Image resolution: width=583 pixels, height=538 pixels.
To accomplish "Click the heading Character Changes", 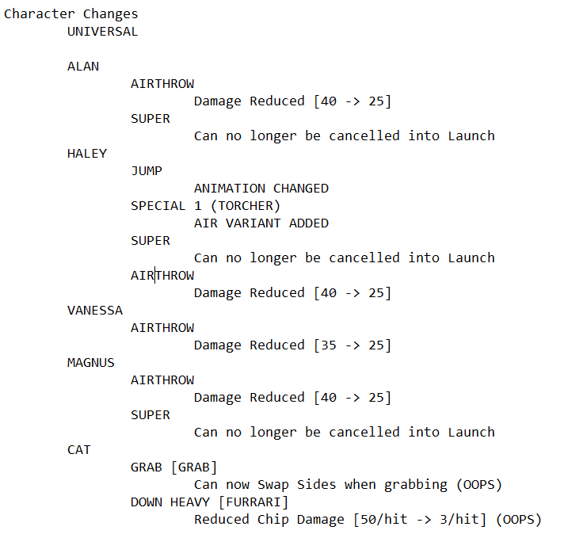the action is pyautogui.click(x=70, y=14).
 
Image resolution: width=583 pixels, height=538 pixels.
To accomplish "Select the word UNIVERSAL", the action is pyautogui.click(x=103, y=32).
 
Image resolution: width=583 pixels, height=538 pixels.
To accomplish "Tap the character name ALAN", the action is pyautogui.click(x=83, y=67).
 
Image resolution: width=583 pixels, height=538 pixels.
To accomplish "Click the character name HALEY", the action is pyautogui.click(x=87, y=154).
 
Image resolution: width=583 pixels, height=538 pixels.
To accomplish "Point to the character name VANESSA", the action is pyautogui.click(x=95, y=311).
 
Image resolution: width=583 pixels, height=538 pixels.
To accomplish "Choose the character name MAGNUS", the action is pyautogui.click(x=91, y=363).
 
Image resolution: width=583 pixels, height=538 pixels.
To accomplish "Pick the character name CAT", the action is pyautogui.click(x=79, y=450).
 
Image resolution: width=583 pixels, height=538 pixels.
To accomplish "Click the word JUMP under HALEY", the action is pyautogui.click(x=147, y=171).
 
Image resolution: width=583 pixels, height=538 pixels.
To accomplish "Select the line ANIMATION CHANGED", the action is pyautogui.click(x=261, y=189).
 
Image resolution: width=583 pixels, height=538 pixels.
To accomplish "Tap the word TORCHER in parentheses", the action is pyautogui.click(x=246, y=206).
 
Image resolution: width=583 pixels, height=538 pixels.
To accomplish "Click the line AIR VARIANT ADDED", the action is pyautogui.click(x=261, y=223).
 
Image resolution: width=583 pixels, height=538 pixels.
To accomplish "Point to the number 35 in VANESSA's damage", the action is pyautogui.click(x=328, y=345).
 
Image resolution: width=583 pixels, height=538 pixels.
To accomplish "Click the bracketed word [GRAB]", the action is pyautogui.click(x=194, y=467).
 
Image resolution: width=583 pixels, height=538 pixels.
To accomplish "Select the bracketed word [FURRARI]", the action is pyautogui.click(x=253, y=502).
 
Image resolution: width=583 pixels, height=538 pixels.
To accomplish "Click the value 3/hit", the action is pyautogui.click(x=459, y=520).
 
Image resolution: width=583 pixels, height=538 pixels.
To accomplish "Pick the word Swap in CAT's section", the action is pyautogui.click(x=273, y=485).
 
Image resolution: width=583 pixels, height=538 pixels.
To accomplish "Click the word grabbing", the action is pyautogui.click(x=415, y=485).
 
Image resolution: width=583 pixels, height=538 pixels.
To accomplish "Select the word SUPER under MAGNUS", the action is pyautogui.click(x=151, y=415).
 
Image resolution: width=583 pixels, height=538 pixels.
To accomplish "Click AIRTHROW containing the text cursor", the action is pyautogui.click(x=162, y=276).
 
